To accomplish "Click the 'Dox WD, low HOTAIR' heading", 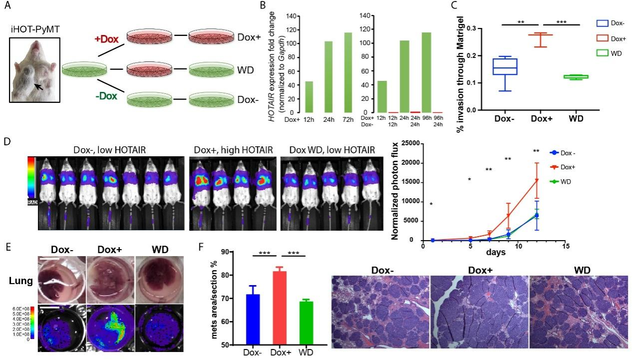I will (330, 148).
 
